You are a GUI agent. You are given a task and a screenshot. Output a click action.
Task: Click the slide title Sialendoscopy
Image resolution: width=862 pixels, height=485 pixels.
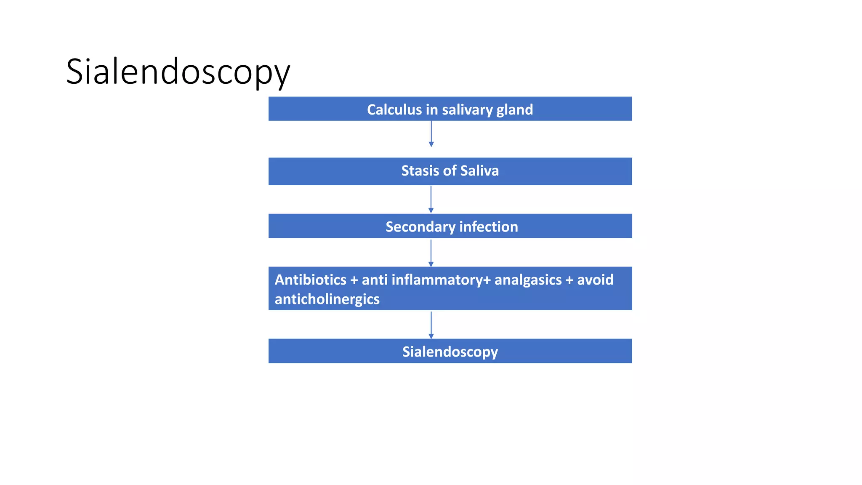[x=178, y=72]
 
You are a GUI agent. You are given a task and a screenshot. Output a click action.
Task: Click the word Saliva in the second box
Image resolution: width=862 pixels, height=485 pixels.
[x=479, y=171]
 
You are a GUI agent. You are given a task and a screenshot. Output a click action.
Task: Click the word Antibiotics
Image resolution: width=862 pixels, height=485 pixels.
[x=311, y=280]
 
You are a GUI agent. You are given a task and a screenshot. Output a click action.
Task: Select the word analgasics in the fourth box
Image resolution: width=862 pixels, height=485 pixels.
[x=528, y=280]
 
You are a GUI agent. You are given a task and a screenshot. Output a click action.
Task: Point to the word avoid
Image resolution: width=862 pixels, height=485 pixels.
[x=595, y=280]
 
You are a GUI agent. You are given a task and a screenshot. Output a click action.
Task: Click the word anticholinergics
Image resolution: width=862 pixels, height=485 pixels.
[x=327, y=299]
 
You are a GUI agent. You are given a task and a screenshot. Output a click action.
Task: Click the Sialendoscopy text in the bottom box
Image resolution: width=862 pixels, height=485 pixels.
[x=450, y=352]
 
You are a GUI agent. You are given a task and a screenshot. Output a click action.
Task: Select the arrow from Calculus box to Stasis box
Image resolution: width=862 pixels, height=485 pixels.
[x=431, y=134]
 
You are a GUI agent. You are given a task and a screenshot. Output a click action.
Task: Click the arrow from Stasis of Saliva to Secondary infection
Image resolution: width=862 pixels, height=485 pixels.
[x=431, y=199]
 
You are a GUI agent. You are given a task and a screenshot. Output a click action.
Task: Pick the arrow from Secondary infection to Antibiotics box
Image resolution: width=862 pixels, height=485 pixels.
[x=431, y=253]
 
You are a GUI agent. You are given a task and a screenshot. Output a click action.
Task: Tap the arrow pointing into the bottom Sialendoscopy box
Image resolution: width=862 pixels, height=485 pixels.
[x=431, y=325]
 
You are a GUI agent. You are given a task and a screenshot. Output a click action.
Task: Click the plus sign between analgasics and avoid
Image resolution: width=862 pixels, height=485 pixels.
[x=569, y=280]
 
